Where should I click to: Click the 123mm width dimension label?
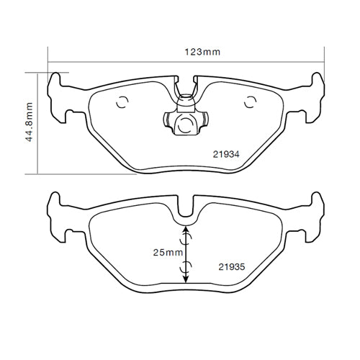coord(202,52)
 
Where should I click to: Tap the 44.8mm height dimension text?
coord(30,122)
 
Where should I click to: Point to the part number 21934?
coord(226,153)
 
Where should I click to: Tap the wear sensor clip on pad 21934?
coord(186,115)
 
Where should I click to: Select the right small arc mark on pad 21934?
coord(250,102)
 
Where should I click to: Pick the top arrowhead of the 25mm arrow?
coord(186,229)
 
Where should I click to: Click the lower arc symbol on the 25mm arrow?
coord(186,269)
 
